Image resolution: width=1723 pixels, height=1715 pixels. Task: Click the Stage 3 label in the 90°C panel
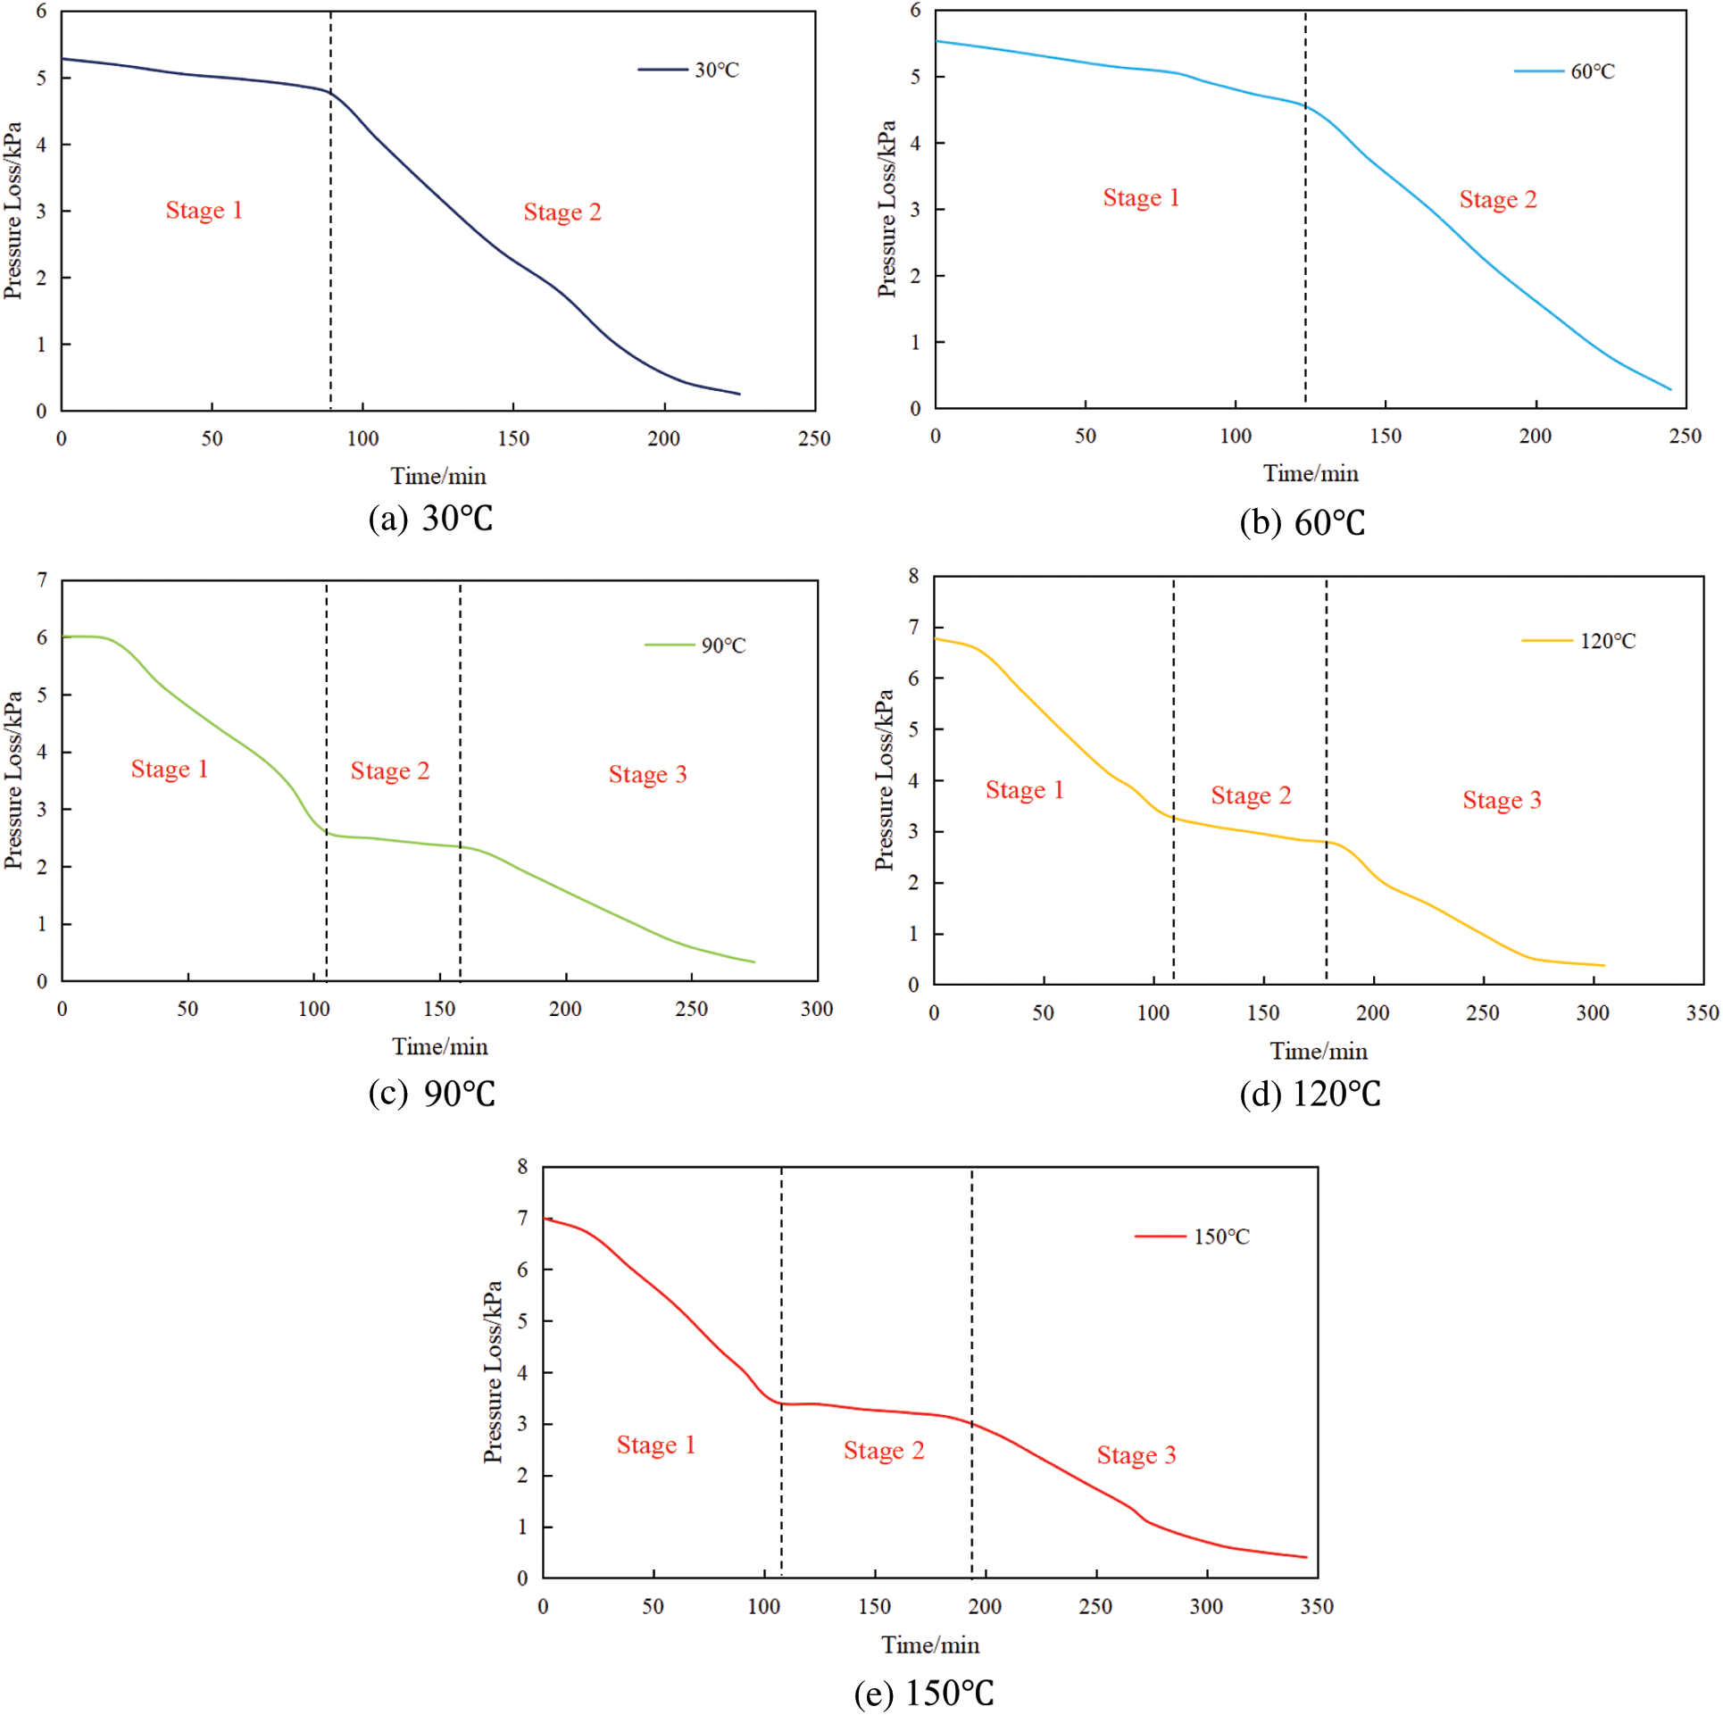[x=647, y=775]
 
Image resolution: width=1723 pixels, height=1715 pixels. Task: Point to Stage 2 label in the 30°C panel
[x=562, y=212]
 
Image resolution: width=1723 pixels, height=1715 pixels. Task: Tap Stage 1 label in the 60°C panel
[x=1141, y=198]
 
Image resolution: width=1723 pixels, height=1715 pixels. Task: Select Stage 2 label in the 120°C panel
[x=1251, y=795]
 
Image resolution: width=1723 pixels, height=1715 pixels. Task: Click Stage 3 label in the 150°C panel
[x=1136, y=1456]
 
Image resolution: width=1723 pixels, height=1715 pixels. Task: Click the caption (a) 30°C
[x=430, y=519]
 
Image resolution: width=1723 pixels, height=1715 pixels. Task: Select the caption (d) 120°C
[x=1310, y=1095]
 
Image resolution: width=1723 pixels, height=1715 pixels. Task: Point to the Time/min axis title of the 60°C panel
[x=1311, y=474]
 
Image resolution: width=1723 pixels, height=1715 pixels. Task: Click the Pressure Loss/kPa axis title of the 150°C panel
[x=493, y=1372]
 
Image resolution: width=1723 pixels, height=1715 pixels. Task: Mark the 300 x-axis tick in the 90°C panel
[x=817, y=1010]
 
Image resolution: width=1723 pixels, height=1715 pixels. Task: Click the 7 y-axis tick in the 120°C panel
[x=913, y=628]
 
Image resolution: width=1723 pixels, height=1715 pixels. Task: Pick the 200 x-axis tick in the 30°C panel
[x=663, y=439]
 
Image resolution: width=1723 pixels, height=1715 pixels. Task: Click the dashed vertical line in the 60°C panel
[x=1305, y=268]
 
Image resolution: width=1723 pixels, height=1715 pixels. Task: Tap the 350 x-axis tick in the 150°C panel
[x=1317, y=1607]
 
